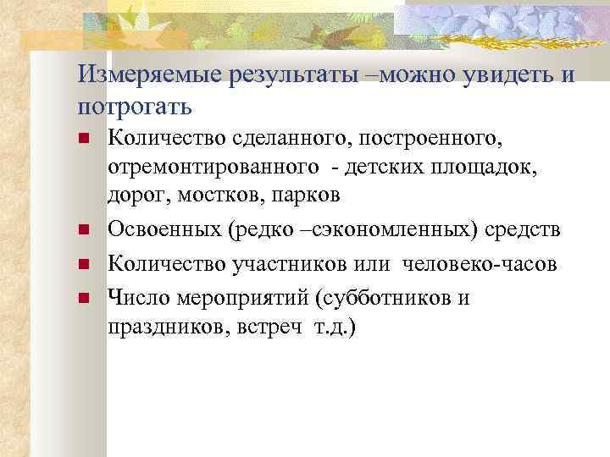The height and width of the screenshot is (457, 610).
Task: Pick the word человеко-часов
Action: point(480,264)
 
